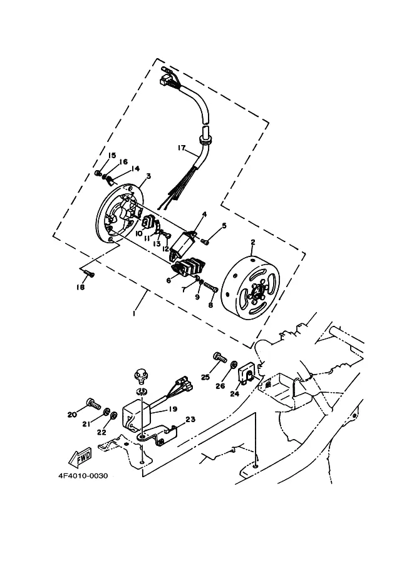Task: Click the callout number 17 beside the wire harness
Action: [x=182, y=148]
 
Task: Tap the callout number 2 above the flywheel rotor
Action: [x=253, y=242]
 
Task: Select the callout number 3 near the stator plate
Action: [x=148, y=176]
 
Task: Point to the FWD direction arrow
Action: [x=80, y=457]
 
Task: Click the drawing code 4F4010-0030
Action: [x=83, y=475]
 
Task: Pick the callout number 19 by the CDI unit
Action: [x=172, y=409]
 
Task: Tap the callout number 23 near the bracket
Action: [x=190, y=419]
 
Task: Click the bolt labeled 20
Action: [x=94, y=403]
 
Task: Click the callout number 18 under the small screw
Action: [x=80, y=287]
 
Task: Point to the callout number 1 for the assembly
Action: [x=134, y=313]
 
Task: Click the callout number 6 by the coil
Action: [x=168, y=281]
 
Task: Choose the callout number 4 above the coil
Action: [x=204, y=214]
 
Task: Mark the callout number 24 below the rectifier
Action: [x=234, y=393]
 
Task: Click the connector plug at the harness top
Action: [x=165, y=80]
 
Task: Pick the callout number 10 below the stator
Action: [x=138, y=233]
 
